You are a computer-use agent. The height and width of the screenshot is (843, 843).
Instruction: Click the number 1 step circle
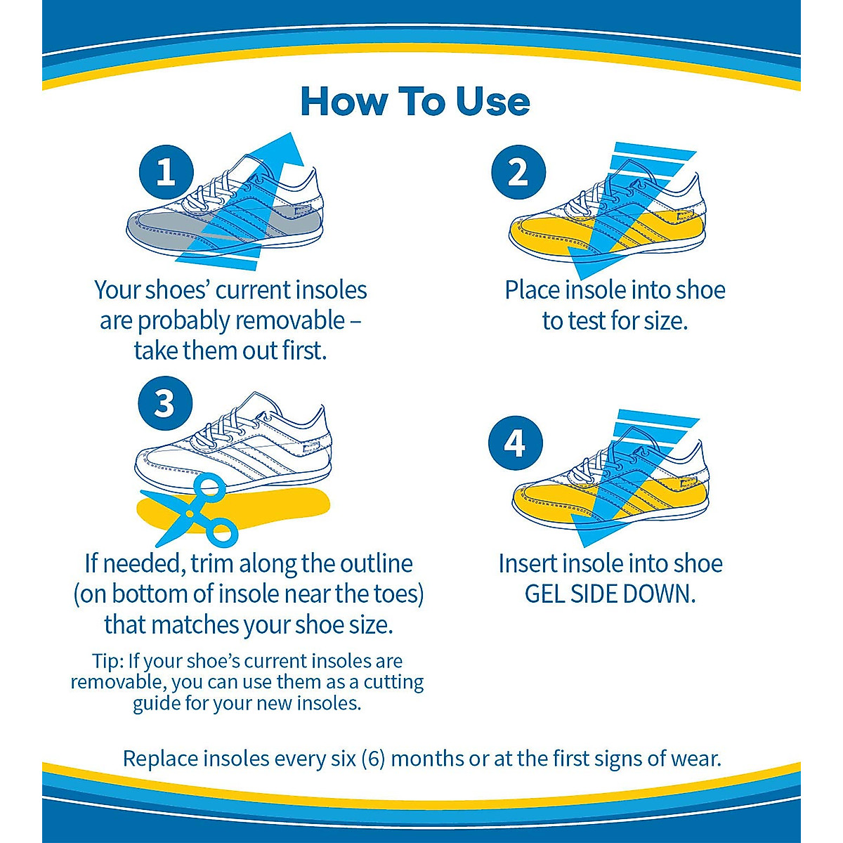tap(166, 172)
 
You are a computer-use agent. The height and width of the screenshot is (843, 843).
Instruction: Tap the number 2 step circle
tap(518, 172)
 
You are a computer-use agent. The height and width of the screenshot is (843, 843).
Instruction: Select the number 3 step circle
tap(164, 404)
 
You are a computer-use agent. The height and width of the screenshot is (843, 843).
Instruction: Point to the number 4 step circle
tap(515, 443)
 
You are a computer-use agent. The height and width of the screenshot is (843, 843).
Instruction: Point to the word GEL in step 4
tap(545, 594)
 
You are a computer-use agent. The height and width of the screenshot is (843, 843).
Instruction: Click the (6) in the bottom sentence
tap(373, 759)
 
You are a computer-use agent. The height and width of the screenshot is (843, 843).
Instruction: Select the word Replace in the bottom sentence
tap(160, 759)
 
